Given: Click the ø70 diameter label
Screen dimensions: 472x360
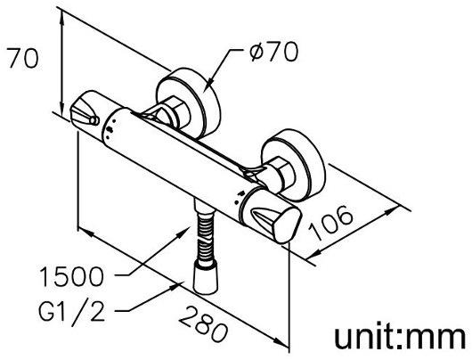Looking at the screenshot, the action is click(273, 52).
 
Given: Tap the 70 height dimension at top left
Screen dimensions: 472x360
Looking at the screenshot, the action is click(23, 58).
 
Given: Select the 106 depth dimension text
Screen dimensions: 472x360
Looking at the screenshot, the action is click(330, 223).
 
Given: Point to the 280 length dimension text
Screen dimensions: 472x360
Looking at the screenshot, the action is click(203, 323).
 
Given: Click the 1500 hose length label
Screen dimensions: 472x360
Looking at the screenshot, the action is click(71, 276).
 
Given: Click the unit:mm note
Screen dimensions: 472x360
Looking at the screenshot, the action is click(400, 337).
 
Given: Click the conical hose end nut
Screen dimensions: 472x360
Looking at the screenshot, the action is click(206, 277).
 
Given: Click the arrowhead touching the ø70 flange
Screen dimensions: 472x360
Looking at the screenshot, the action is click(210, 81).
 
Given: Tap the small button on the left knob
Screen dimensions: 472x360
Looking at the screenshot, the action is click(94, 120).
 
